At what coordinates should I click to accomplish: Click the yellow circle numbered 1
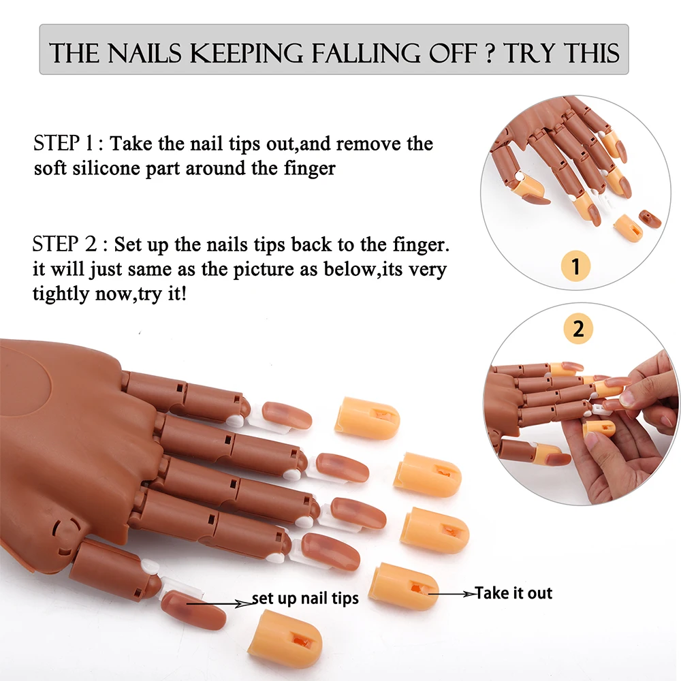pyautogui.click(x=577, y=266)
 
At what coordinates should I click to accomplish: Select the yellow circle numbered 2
pyautogui.click(x=578, y=330)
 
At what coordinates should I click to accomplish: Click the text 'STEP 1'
pyautogui.click(x=66, y=144)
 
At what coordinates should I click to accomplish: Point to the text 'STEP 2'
pyautogui.click(x=66, y=244)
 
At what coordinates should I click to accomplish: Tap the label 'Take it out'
pyautogui.click(x=513, y=593)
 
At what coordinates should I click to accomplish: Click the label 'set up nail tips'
pyautogui.click(x=305, y=599)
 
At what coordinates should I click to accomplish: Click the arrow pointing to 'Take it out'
pyautogui.click(x=451, y=594)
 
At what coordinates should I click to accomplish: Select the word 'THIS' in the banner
pyautogui.click(x=586, y=52)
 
